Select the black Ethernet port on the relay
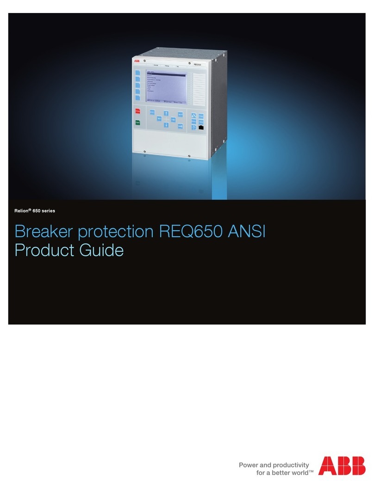click(201, 126)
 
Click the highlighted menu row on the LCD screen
click(165, 74)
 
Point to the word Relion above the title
click(23, 211)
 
